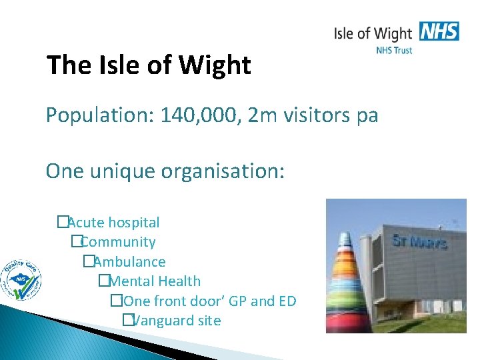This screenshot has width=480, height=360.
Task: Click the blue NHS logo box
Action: [439, 31]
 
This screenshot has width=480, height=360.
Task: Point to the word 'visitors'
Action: [320, 116]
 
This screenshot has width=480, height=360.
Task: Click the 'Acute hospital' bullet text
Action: [113, 223]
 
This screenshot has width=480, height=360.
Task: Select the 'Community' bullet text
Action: [118, 242]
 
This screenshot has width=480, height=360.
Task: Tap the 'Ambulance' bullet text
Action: [129, 262]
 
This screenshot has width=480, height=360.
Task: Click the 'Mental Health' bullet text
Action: [155, 281]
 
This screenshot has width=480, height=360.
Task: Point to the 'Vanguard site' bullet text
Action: [177, 321]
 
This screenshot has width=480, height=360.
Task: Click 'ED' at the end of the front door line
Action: [287, 301]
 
